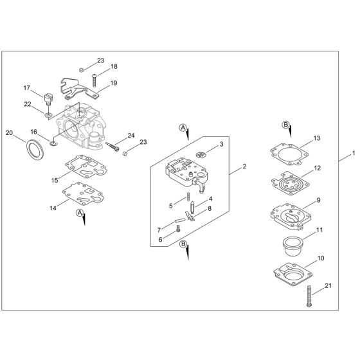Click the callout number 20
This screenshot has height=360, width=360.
click(x=9, y=133)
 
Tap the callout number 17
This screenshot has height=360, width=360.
click(x=27, y=88)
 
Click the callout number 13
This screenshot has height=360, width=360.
click(x=316, y=138)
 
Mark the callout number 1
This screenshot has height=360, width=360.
click(x=353, y=154)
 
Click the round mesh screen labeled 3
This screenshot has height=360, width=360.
click(x=201, y=154)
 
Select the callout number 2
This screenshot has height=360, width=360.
click(x=245, y=166)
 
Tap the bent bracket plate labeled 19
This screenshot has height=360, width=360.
click(x=78, y=89)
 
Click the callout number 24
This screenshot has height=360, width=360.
click(x=130, y=135)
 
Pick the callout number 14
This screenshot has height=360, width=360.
click(x=51, y=208)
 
